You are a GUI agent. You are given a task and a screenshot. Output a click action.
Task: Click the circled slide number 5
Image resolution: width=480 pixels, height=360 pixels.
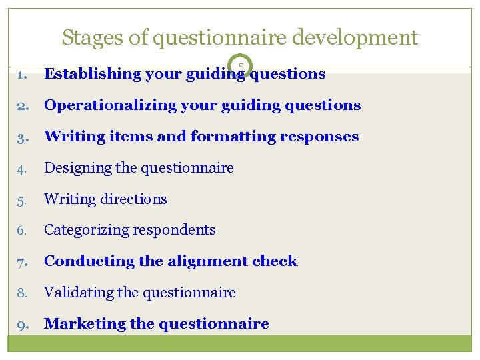(x=241, y=67)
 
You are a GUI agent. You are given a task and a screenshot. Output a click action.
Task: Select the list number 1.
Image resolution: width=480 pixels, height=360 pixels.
(x=21, y=75)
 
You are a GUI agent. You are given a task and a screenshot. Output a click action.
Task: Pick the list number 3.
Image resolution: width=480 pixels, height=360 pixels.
(x=22, y=137)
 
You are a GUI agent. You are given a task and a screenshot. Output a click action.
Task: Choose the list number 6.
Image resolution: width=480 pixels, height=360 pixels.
(x=21, y=231)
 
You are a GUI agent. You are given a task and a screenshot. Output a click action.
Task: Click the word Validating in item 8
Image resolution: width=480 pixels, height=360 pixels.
(x=75, y=293)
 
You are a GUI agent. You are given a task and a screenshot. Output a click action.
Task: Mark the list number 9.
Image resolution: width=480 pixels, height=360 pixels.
(x=22, y=325)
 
